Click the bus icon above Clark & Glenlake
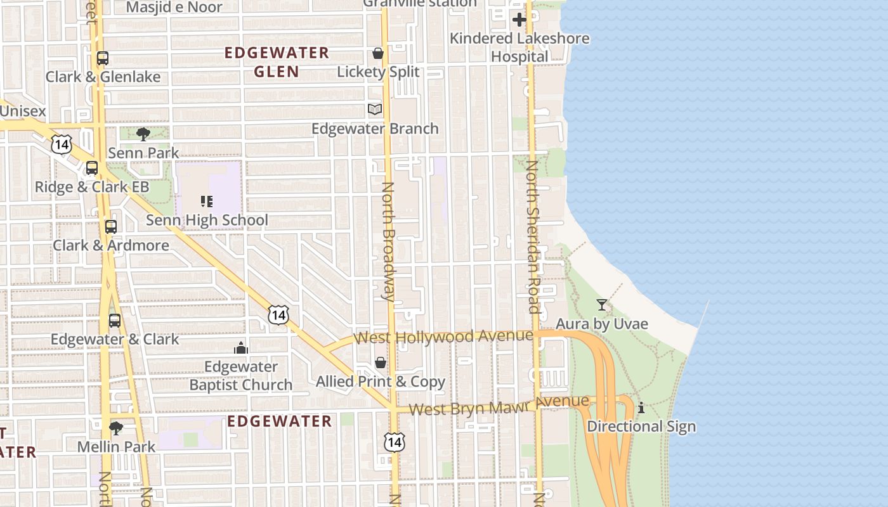(103, 58)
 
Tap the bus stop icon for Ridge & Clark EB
(92, 168)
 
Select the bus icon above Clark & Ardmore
(111, 226)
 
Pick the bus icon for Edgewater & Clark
(115, 320)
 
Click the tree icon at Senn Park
(143, 134)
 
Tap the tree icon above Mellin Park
(116, 428)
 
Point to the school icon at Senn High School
(206, 202)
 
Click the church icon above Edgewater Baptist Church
(240, 348)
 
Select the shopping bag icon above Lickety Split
(378, 53)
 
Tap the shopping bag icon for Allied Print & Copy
(381, 363)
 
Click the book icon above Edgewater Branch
(375, 110)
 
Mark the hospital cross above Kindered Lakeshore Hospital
(519, 20)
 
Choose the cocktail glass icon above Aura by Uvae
(602, 305)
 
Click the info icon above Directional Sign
(641, 408)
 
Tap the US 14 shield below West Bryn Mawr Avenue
(394, 442)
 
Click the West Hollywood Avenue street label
(443, 337)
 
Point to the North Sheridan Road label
(533, 237)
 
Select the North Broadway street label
(388, 241)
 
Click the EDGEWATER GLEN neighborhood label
(277, 62)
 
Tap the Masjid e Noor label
(174, 8)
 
